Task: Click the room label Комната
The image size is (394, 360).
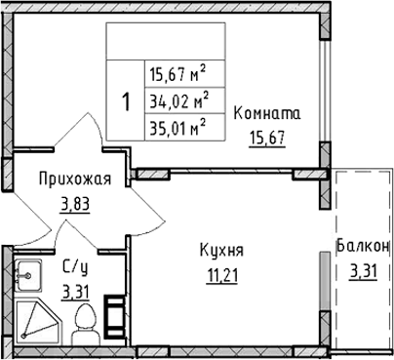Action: [x=267, y=114]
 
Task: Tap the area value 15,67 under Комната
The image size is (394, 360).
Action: [x=267, y=139]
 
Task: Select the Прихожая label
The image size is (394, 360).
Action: [x=75, y=180]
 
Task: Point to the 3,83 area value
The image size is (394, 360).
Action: [x=74, y=205]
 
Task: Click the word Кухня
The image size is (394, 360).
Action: [x=221, y=251]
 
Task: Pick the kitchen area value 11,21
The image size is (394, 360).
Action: [x=222, y=276]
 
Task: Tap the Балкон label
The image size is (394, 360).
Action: [x=363, y=246]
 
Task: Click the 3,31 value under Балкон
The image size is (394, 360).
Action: [x=364, y=271]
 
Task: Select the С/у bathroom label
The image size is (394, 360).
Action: [x=75, y=268]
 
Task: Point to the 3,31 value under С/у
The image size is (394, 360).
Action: [x=76, y=293]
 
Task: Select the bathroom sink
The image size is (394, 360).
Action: [x=28, y=276]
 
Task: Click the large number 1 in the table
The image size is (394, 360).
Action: [x=126, y=100]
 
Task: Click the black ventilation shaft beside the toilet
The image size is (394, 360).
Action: [x=114, y=317]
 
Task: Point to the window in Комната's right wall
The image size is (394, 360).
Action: [x=325, y=91]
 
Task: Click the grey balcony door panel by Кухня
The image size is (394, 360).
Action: [x=324, y=281]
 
